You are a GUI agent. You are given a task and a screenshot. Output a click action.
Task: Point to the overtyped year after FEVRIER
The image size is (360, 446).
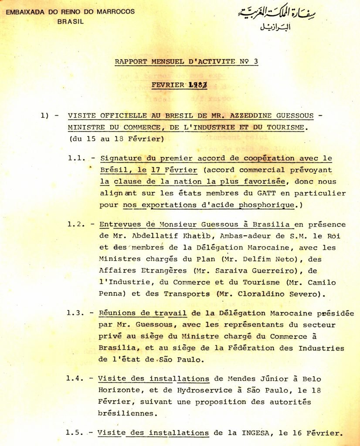(x=197, y=86)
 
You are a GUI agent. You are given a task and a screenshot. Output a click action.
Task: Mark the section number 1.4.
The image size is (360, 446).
(x=75, y=378)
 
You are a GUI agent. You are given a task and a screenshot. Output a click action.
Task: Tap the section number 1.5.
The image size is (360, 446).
(x=75, y=433)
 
